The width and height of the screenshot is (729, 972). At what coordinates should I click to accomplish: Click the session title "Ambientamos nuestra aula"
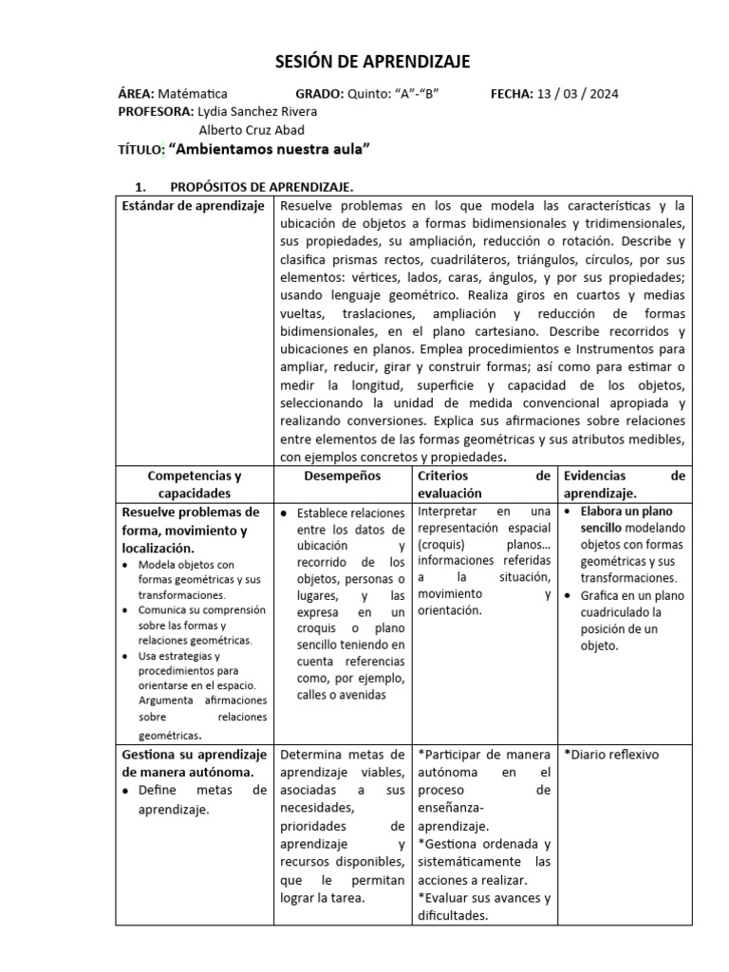coord(269,150)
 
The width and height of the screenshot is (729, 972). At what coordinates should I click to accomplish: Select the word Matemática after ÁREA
coord(193,94)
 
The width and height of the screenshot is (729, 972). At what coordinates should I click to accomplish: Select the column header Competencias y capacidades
coord(194,484)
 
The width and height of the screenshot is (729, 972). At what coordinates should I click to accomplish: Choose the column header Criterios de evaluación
coord(484,484)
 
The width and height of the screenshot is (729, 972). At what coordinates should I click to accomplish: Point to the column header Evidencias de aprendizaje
coord(624,484)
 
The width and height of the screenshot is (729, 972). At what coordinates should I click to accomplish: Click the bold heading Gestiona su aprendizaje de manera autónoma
coord(194,763)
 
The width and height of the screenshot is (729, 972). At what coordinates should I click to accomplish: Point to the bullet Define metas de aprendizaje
coord(201,800)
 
